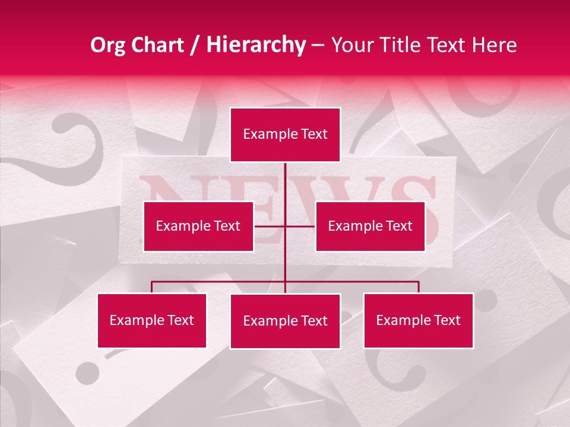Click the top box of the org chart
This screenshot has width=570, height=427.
pos(285,135)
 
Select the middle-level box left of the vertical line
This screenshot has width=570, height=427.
pos(198,226)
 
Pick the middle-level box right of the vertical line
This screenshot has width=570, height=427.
pos(370,226)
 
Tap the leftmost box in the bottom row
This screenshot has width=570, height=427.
pos(152,320)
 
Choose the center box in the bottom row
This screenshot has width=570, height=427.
pos(285,321)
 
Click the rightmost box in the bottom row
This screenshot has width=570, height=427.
pos(418,320)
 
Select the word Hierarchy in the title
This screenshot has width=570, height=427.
pos(256,45)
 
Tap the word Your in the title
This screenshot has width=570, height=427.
pos(354,45)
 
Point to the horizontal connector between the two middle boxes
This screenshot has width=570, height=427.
pos(285,226)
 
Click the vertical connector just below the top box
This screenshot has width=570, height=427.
pos(285,178)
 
